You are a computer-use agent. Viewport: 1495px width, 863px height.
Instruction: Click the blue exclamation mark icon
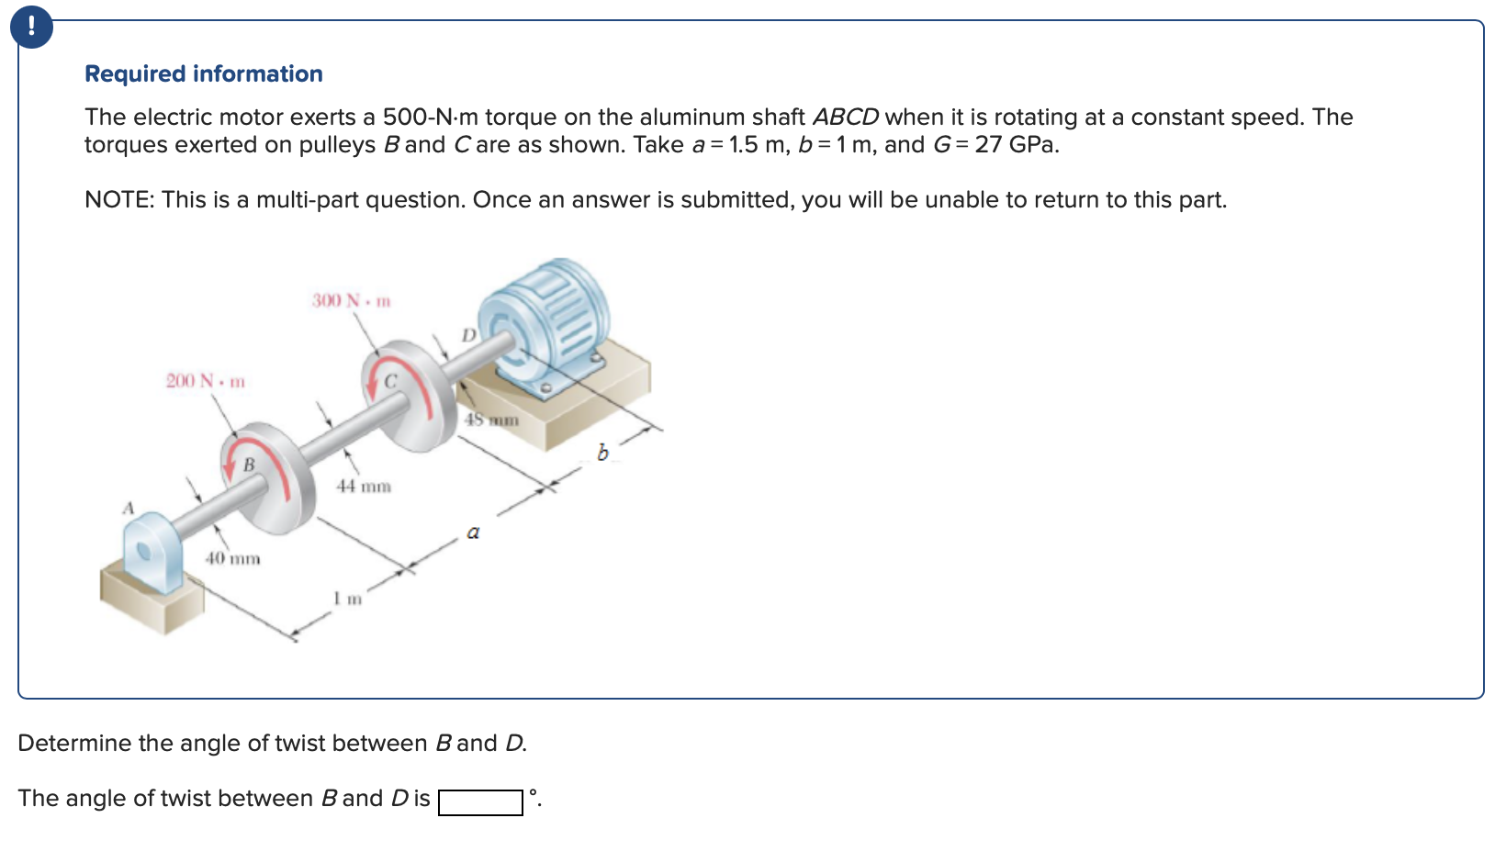(x=31, y=27)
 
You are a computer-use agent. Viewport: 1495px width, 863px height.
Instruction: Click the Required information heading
(x=203, y=73)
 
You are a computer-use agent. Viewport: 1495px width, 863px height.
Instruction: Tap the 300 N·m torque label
(x=351, y=300)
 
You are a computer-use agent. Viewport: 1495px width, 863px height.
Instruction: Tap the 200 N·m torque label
(x=205, y=380)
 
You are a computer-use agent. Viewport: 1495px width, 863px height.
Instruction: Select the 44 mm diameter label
(x=363, y=486)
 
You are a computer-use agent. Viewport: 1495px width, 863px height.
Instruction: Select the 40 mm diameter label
(x=232, y=558)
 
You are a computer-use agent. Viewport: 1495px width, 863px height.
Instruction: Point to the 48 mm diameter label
(x=491, y=420)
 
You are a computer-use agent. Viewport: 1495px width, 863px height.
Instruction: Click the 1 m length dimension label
(x=348, y=599)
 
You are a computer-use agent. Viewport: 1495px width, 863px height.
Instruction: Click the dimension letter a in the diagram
(x=473, y=532)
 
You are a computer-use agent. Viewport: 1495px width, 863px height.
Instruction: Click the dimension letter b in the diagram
(x=602, y=453)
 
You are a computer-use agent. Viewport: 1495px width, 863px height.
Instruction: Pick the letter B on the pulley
(x=248, y=465)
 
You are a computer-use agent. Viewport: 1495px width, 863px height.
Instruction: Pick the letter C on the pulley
(x=389, y=381)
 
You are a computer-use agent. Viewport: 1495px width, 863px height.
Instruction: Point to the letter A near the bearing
(x=129, y=508)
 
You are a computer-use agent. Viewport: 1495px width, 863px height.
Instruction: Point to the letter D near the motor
(x=468, y=335)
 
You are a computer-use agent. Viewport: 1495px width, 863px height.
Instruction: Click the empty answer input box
(x=480, y=802)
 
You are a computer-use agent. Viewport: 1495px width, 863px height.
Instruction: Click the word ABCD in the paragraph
(x=845, y=118)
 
